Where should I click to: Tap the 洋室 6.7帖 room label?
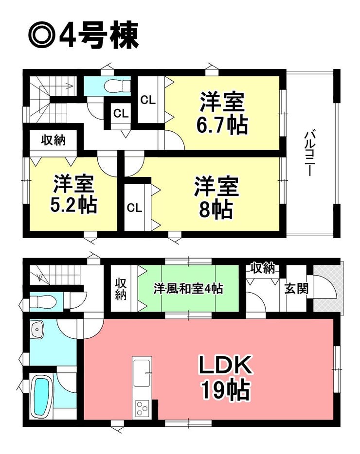(x=222, y=113)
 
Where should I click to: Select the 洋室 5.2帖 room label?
(x=73, y=194)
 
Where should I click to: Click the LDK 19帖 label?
(x=225, y=377)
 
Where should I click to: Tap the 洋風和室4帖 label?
(x=188, y=289)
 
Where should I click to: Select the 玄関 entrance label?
(x=296, y=289)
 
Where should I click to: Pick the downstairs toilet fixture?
(x=43, y=302)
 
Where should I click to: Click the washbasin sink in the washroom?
(x=37, y=329)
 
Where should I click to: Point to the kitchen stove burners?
(x=142, y=408)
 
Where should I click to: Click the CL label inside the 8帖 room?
(x=134, y=208)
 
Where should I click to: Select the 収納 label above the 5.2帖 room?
(x=53, y=140)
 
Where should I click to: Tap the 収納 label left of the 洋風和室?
(x=121, y=288)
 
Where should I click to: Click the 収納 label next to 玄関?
(x=263, y=268)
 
